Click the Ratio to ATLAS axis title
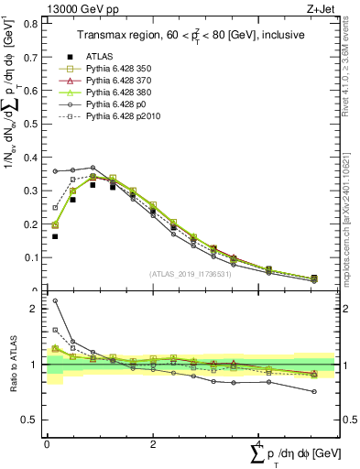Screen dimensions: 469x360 pos(12,365)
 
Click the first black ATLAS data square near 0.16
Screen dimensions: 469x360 pos(55,236)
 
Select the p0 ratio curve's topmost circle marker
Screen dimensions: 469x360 pos(55,300)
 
